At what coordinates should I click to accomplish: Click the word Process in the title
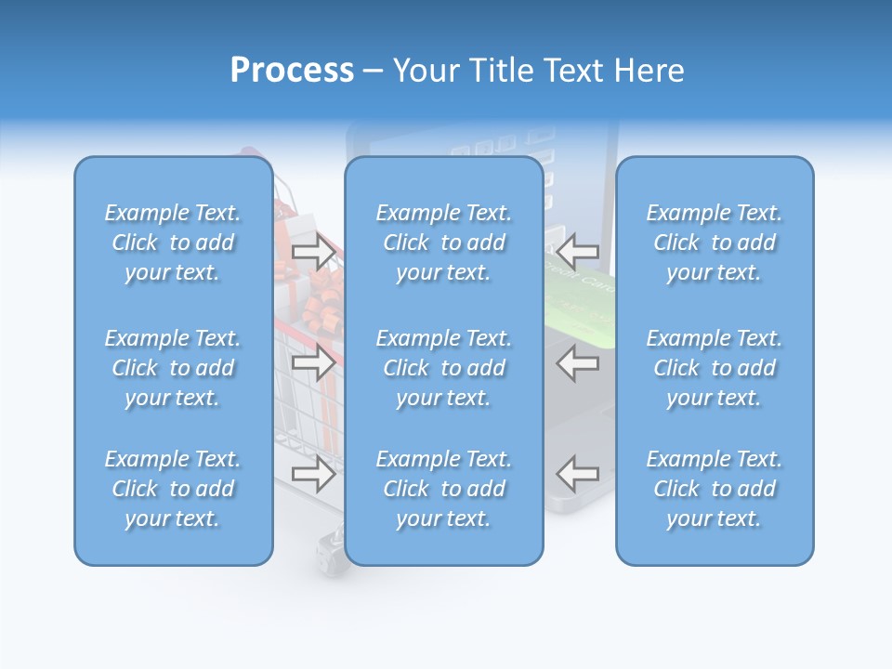292,71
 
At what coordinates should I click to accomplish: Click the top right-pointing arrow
314,251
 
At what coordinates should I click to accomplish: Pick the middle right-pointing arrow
314,362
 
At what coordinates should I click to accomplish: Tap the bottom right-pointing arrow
314,474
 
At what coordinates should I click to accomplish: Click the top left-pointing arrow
577,251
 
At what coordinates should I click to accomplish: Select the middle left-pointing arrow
577,362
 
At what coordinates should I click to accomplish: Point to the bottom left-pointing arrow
577,474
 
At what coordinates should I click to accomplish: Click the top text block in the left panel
173,243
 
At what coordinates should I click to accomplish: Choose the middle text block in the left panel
173,368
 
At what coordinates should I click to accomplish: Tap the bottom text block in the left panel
173,489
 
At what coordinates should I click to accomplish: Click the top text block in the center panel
443,243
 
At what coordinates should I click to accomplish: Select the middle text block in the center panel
443,368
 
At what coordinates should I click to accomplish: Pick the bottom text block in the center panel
443,489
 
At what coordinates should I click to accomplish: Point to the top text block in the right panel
714,243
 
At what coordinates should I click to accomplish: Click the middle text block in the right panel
714,368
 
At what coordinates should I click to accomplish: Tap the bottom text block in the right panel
714,489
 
